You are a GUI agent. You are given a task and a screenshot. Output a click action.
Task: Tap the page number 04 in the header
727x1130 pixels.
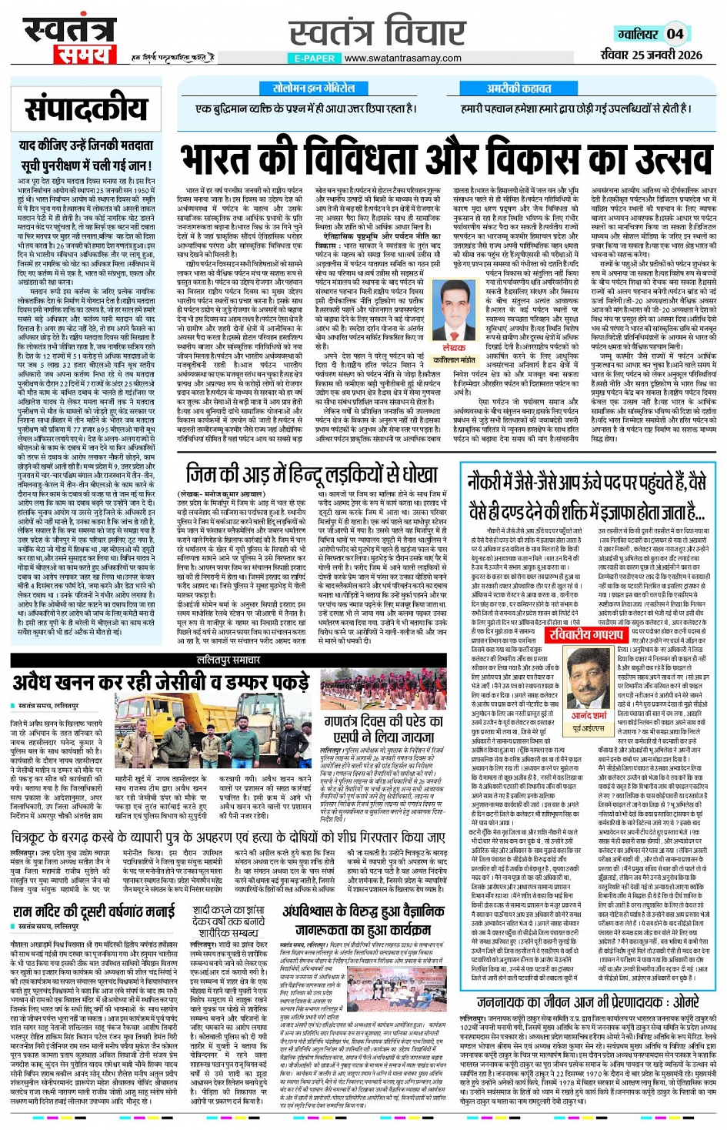point(675,34)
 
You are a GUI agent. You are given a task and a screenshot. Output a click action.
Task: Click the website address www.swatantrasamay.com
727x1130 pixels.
point(403,58)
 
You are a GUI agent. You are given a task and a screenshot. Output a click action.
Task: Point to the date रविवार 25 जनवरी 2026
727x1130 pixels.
point(651,55)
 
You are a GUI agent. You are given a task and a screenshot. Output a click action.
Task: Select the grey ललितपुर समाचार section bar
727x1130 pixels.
point(229,660)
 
